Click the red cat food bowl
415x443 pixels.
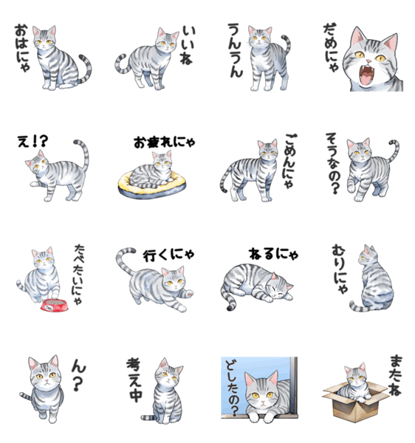[55, 305]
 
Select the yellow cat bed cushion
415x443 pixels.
[151, 185]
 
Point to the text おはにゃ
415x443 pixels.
[22, 48]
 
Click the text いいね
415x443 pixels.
[188, 45]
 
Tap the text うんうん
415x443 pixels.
[236, 50]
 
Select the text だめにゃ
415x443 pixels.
[331, 47]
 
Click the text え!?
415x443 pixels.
[32, 142]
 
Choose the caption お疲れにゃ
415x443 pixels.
[165, 142]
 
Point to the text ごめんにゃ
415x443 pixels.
[289, 161]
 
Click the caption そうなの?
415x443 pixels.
[333, 163]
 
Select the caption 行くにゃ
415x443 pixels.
[168, 255]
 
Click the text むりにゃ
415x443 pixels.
[340, 269]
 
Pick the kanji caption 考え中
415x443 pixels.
[134, 380]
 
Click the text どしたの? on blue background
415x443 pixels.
[233, 389]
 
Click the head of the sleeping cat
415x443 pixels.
[280, 288]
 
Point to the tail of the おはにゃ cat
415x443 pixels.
[86, 69]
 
